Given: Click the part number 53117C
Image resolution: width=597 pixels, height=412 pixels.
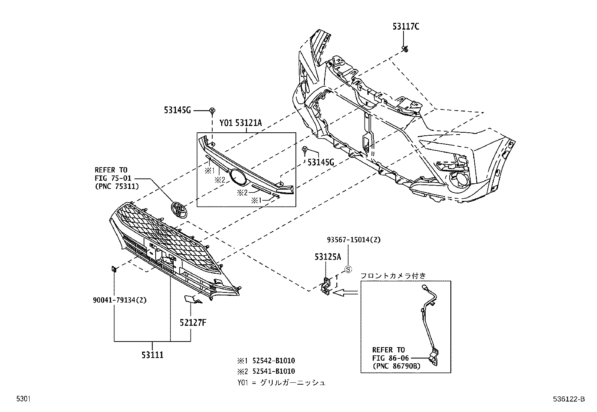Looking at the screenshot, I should tap(406, 26).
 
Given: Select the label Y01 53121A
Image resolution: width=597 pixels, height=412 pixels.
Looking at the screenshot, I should tap(240, 123).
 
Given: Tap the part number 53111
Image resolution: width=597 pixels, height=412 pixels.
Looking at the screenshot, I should tap(152, 354).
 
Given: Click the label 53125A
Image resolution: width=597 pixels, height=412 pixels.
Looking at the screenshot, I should tap(327, 257).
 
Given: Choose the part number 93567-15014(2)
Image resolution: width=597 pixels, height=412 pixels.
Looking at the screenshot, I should tap(353, 240).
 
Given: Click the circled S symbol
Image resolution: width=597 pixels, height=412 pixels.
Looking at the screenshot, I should tap(348, 269).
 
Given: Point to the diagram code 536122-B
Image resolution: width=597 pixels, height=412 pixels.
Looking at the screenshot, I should tap(568, 400).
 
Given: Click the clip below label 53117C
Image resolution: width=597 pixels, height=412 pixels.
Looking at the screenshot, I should tap(405, 48).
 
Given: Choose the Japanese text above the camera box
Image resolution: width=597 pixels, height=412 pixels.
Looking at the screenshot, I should tap(393, 276).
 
